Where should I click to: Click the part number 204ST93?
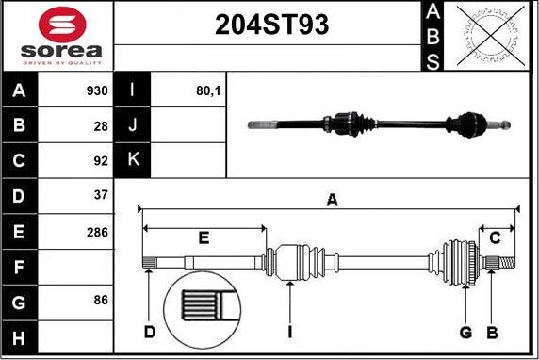click(x=271, y=25)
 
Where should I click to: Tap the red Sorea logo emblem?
click(x=62, y=25)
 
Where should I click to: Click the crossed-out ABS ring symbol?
click(x=491, y=36)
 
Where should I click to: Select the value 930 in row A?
click(x=97, y=90)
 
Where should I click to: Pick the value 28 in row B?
click(x=101, y=126)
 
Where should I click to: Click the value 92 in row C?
click(x=101, y=160)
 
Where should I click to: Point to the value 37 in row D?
click(x=101, y=195)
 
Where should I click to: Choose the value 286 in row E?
click(x=97, y=233)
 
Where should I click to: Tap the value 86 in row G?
click(x=101, y=300)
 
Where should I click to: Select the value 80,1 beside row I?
click(x=208, y=90)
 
